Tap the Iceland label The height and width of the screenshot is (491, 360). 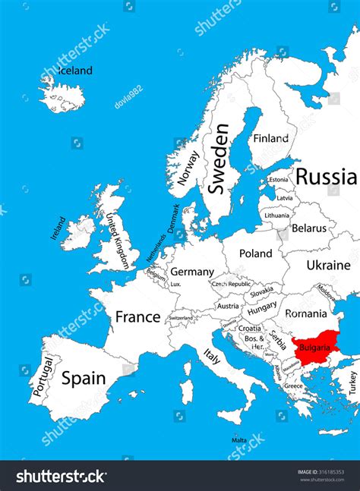click(75, 71)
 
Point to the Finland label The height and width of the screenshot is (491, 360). click(270, 138)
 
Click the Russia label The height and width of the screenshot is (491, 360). click(325, 177)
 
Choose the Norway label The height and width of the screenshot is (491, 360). click(188, 168)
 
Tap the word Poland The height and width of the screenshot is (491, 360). click(255, 253)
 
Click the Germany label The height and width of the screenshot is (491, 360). click(191, 271)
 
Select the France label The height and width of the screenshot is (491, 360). click(137, 316)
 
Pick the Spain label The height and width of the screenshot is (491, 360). click(83, 377)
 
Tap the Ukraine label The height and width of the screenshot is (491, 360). click(328, 265)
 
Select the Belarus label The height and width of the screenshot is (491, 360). click(309, 228)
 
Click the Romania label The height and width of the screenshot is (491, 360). click(306, 313)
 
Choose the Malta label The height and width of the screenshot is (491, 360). click(239, 439)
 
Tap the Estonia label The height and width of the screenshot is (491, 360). click(279, 180)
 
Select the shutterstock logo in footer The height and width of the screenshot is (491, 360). click(62, 476)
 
